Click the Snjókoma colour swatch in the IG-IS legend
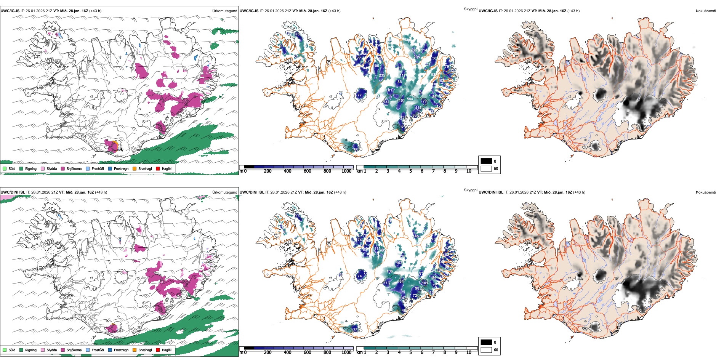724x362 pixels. [x=63, y=168]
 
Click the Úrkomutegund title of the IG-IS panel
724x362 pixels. [x=224, y=11]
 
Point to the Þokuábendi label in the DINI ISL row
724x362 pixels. [x=706, y=192]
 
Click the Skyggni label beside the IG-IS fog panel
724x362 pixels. [x=470, y=9]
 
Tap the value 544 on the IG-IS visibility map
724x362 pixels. [x=410, y=99]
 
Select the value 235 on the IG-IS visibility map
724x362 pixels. [x=382, y=75]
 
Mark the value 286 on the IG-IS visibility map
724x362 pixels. [x=413, y=50]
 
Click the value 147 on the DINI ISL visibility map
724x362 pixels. [x=402, y=298]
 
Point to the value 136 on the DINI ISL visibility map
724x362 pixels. [x=389, y=271]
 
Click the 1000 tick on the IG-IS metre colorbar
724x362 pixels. [x=346, y=171]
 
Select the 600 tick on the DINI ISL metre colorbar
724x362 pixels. [x=308, y=352]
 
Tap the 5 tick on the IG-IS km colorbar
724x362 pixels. [x=410, y=171]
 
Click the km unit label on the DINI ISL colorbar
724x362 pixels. [x=359, y=352]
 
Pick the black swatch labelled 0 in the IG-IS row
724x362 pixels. [x=486, y=161]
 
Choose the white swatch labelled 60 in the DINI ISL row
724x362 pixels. [x=486, y=350]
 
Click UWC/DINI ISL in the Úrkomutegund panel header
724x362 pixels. [x=13, y=192]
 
